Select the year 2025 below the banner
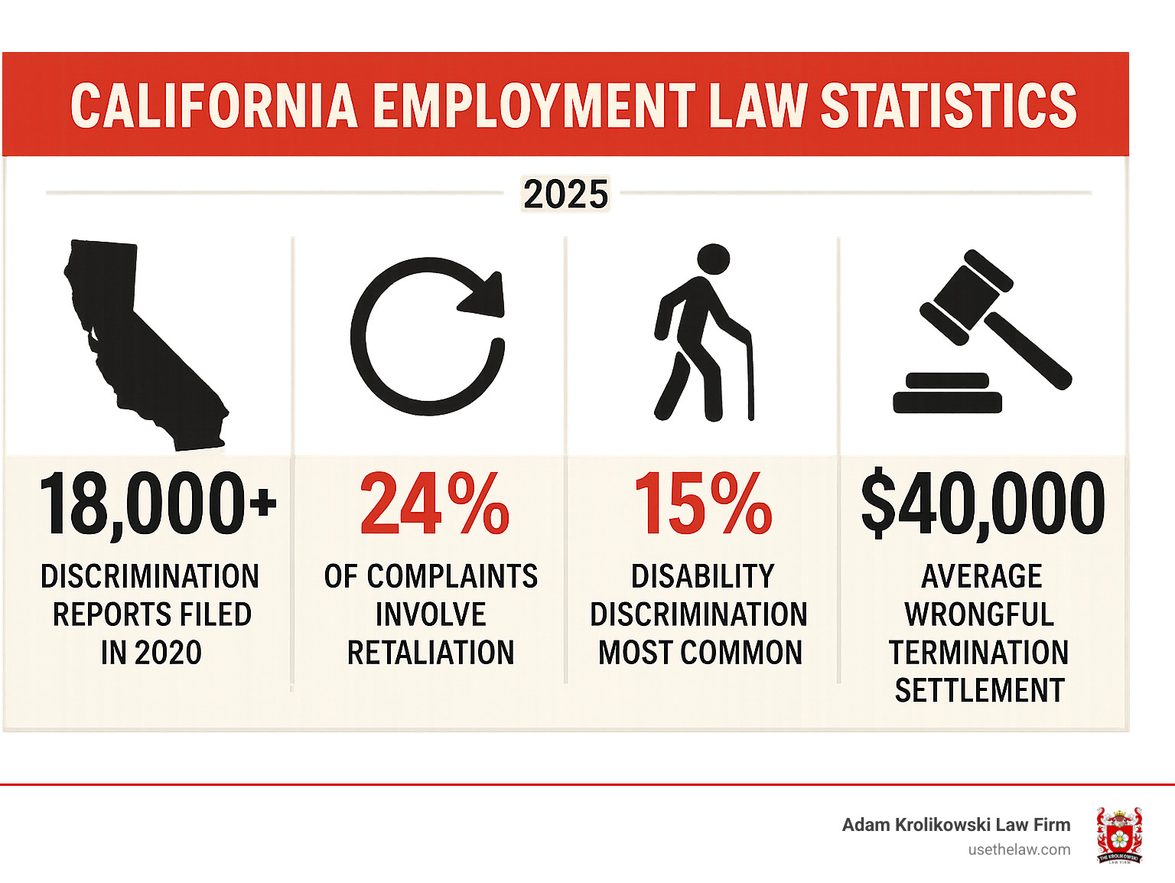tap(566, 194)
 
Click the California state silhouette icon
tap(145, 344)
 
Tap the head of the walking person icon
tap(714, 259)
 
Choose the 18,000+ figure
tap(157, 505)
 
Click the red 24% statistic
tap(434, 505)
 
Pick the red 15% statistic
tap(702, 505)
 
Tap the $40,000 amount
tap(982, 505)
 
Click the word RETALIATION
tap(431, 653)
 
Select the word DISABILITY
tap(702, 576)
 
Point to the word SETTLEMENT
tap(979, 691)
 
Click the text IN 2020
tap(151, 653)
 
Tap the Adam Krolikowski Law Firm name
tap(955, 825)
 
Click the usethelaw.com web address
tap(1019, 849)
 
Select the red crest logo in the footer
tap(1119, 835)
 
